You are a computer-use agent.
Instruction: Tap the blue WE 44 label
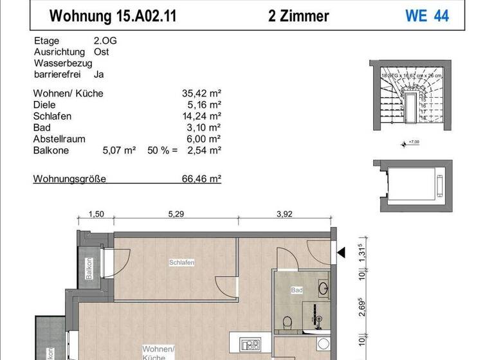pos(426,15)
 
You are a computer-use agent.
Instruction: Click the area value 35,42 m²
pos(201,93)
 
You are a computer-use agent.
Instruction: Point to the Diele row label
pos(44,105)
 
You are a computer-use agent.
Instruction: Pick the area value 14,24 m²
pos(201,116)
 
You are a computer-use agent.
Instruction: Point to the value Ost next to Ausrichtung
pos(102,52)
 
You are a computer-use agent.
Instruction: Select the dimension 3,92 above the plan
pos(284,215)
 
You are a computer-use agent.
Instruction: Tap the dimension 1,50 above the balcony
pos(95,215)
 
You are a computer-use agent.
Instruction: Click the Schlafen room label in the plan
pos(182,262)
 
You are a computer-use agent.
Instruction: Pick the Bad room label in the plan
pos(297,291)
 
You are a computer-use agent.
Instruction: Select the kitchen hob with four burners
pos(248,345)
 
